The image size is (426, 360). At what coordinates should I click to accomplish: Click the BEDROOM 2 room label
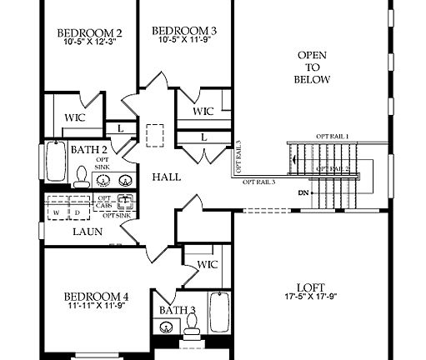click(89, 33)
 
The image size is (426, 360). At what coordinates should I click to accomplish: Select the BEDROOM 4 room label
click(96, 295)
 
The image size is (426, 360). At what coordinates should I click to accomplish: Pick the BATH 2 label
click(88, 149)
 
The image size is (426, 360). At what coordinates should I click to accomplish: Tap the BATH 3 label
click(178, 311)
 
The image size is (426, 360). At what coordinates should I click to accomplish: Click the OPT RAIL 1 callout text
click(332, 136)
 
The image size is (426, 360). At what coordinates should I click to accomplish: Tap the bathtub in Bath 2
click(54, 164)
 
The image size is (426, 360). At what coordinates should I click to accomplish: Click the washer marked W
click(56, 212)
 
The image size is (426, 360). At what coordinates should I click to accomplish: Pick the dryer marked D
click(78, 212)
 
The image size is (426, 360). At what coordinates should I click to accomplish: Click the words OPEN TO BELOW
click(313, 67)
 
